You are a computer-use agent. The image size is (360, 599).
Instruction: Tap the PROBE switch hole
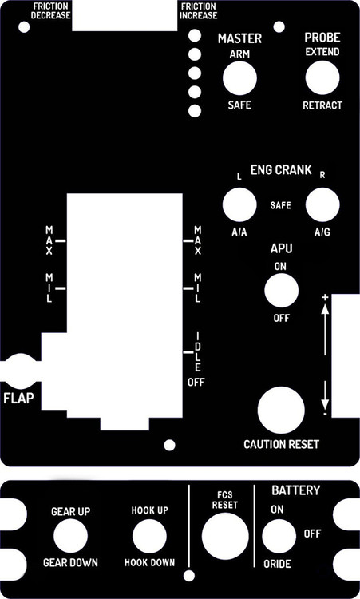(x=322, y=77)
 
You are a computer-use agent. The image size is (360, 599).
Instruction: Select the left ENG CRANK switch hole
(x=239, y=205)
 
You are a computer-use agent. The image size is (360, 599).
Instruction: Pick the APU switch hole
(x=281, y=291)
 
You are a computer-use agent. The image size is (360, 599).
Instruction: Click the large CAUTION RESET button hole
(x=281, y=411)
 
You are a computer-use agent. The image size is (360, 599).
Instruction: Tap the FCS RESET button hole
(x=224, y=535)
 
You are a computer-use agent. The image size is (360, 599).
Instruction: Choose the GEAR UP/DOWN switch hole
(x=70, y=536)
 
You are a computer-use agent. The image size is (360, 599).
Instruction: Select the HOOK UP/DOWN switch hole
(x=149, y=536)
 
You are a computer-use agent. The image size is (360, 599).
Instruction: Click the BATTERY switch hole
(x=279, y=536)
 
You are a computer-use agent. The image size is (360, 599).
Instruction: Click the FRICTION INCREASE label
(x=199, y=10)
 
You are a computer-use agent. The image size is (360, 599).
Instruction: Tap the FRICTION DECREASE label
(x=51, y=10)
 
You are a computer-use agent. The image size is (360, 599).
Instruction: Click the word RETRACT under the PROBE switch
(x=322, y=105)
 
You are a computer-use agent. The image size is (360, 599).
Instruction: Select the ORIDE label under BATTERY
(x=277, y=565)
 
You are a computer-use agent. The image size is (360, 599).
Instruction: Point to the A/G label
(x=322, y=232)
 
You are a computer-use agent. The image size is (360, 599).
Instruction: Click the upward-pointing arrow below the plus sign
(x=326, y=327)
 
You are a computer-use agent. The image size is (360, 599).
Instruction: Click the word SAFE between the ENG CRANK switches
(x=280, y=205)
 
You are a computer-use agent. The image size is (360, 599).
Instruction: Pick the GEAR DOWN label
(x=70, y=563)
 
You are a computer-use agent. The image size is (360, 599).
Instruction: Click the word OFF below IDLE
(x=196, y=383)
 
